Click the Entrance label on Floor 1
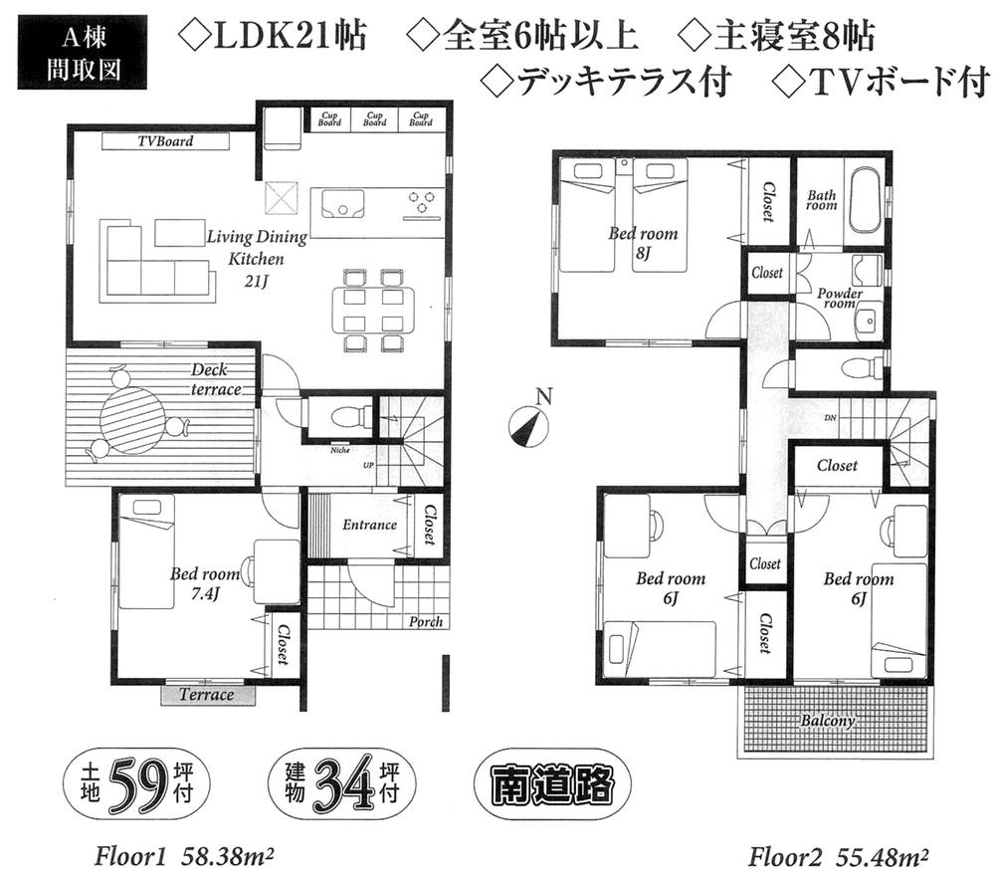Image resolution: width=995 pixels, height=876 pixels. click(369, 525)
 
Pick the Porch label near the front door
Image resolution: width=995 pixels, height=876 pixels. click(426, 622)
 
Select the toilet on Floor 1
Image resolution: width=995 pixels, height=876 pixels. click(338, 418)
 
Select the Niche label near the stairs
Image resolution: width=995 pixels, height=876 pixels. click(340, 449)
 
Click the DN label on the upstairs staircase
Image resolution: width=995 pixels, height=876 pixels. click(829, 417)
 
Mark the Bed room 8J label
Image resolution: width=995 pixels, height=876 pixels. click(643, 243)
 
